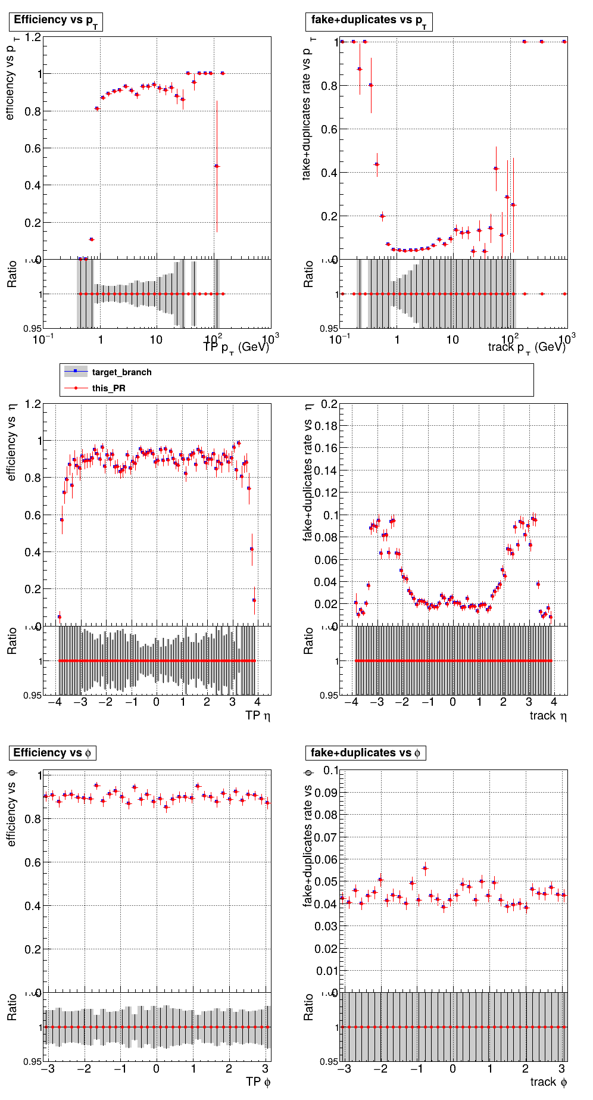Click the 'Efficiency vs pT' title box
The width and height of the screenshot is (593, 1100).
pyautogui.click(x=56, y=21)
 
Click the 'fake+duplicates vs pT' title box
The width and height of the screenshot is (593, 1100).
pyautogui.click(x=369, y=21)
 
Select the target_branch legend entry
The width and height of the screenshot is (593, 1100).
pyautogui.click(x=121, y=372)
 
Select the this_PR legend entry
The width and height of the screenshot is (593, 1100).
pyautogui.click(x=108, y=388)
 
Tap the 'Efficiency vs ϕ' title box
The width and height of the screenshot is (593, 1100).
pyautogui.click(x=52, y=753)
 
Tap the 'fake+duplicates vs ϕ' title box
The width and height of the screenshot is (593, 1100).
pyautogui.click(x=366, y=753)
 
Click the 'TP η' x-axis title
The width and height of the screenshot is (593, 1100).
pyautogui.click(x=257, y=715)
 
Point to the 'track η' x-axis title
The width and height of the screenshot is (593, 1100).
pyautogui.click(x=548, y=715)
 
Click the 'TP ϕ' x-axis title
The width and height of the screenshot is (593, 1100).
pyautogui.click(x=258, y=1082)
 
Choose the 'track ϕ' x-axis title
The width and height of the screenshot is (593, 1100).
pyautogui.click(x=548, y=1082)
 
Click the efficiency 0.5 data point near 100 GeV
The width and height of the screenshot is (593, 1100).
pyautogui.click(x=217, y=166)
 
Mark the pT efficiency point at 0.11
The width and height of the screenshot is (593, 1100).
pyautogui.click(x=91, y=239)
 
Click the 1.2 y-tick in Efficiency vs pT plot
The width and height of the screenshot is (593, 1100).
pyautogui.click(x=33, y=38)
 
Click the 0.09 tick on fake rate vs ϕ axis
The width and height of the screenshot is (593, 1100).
pyautogui.click(x=326, y=793)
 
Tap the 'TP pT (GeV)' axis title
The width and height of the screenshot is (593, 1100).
pyautogui.click(x=236, y=347)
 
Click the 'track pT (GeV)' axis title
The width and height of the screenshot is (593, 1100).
pyautogui.click(x=526, y=347)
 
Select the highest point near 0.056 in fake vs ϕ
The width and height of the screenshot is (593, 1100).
pyautogui.click(x=425, y=868)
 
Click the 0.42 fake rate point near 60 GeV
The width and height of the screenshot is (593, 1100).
pyautogui.click(x=496, y=169)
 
